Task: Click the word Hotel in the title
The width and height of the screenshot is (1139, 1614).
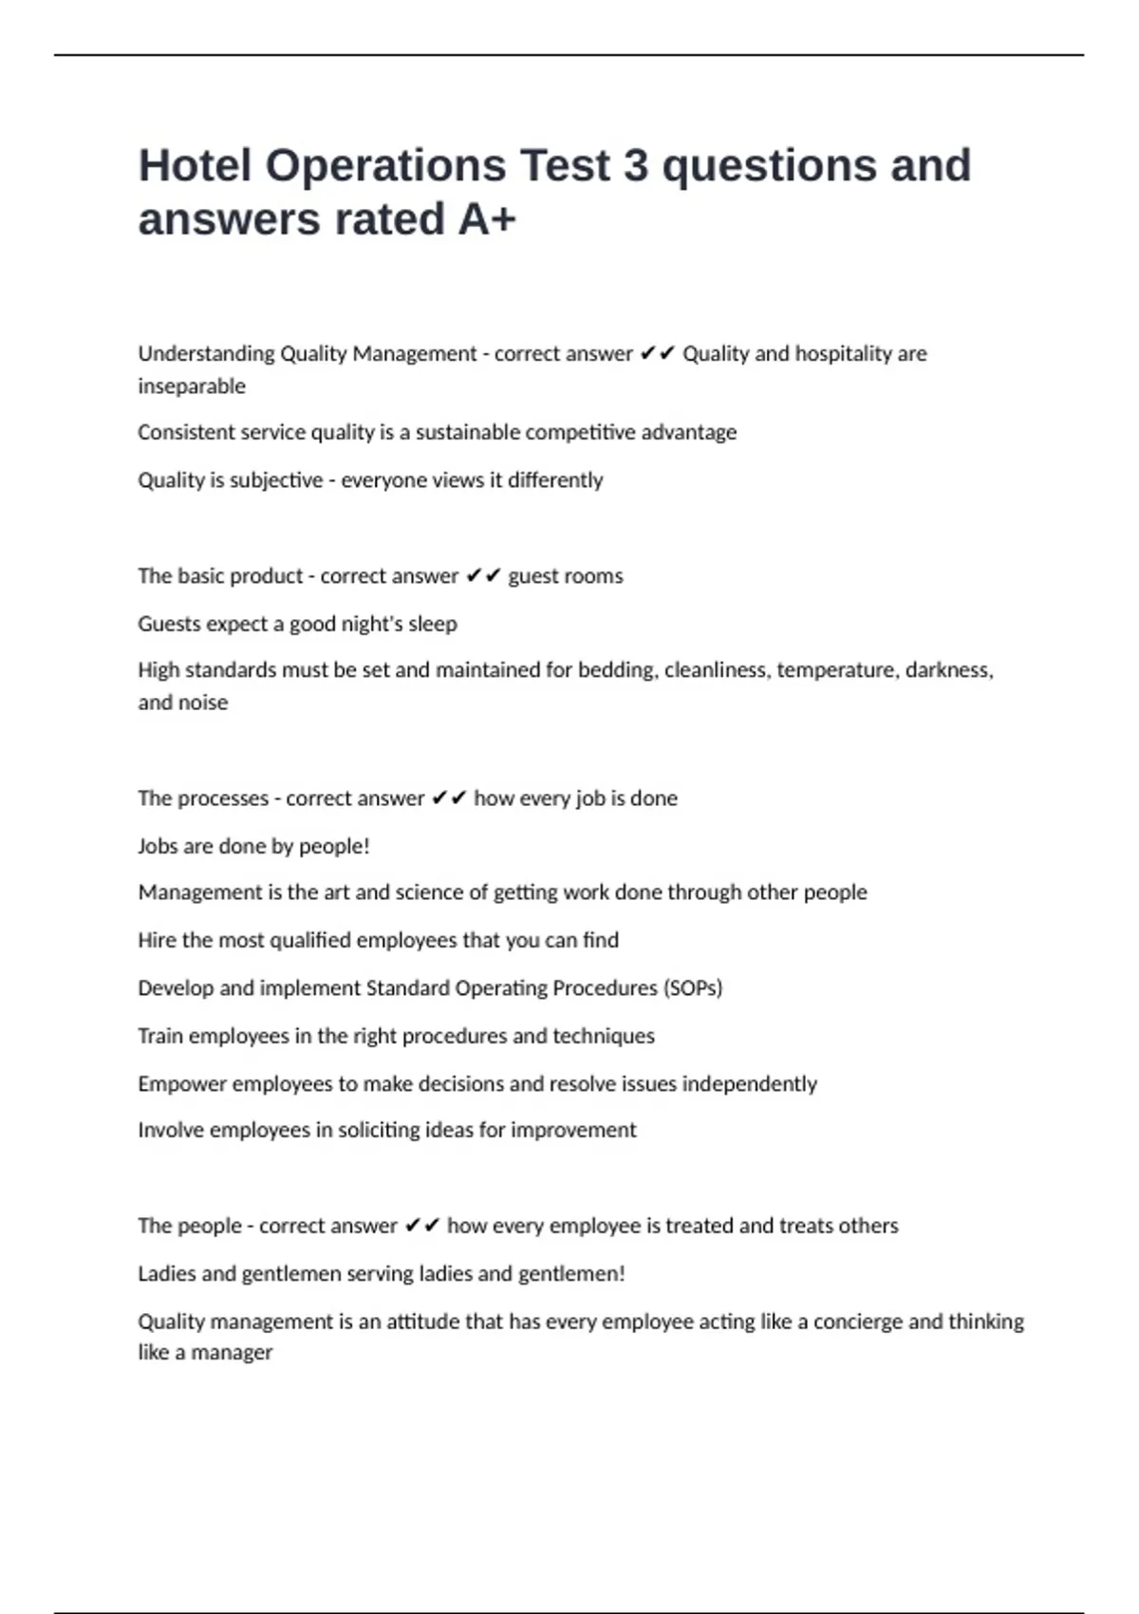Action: pos(194,166)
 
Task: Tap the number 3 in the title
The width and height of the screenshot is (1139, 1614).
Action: pos(635,166)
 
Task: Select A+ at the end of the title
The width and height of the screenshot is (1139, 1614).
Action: pos(487,220)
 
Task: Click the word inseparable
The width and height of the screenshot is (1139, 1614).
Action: pos(192,386)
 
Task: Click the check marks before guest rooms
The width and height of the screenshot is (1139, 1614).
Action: pos(483,576)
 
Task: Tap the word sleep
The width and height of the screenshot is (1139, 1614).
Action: pos(433,624)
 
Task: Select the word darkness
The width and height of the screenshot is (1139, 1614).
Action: pos(949,670)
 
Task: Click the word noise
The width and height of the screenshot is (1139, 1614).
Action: pos(205,703)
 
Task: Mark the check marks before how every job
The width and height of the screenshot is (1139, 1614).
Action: pos(449,798)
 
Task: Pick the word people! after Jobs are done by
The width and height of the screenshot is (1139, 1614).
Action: pos(334,846)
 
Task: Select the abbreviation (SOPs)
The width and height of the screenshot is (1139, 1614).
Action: pos(693,988)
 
